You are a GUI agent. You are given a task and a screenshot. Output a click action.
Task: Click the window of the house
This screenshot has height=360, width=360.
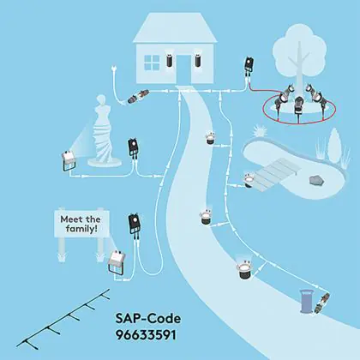[x=152, y=63]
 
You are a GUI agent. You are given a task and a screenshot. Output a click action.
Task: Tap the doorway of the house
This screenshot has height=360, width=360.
[x=183, y=69]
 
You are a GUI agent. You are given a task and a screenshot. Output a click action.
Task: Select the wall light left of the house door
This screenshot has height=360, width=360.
[x=169, y=59]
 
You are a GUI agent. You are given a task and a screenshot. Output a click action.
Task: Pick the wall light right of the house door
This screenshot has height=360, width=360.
[x=198, y=59]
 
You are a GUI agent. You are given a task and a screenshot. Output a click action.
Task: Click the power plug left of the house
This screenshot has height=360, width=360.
[x=113, y=69]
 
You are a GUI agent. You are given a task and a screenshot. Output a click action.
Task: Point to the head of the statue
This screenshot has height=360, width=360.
[x=101, y=102]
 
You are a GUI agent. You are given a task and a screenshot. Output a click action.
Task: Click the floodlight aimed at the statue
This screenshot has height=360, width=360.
[x=69, y=161]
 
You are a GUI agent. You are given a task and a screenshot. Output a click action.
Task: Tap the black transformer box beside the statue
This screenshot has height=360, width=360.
[x=133, y=147]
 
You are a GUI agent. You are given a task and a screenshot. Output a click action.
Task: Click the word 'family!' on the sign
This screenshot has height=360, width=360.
[x=81, y=229]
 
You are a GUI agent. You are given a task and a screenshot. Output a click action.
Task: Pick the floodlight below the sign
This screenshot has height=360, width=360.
[x=116, y=262]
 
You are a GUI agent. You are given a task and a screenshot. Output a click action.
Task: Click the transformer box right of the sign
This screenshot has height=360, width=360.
[x=135, y=224]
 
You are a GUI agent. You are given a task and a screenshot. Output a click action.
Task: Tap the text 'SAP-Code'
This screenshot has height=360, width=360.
[x=148, y=318]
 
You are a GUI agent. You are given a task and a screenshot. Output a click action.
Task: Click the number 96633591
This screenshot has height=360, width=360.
[x=146, y=335]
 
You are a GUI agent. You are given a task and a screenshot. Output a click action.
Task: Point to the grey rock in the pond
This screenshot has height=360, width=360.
[x=317, y=180]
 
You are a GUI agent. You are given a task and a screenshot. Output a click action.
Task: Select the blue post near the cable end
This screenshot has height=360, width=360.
[x=306, y=301]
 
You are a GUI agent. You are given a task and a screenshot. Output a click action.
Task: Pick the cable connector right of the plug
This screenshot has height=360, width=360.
[x=138, y=96]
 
